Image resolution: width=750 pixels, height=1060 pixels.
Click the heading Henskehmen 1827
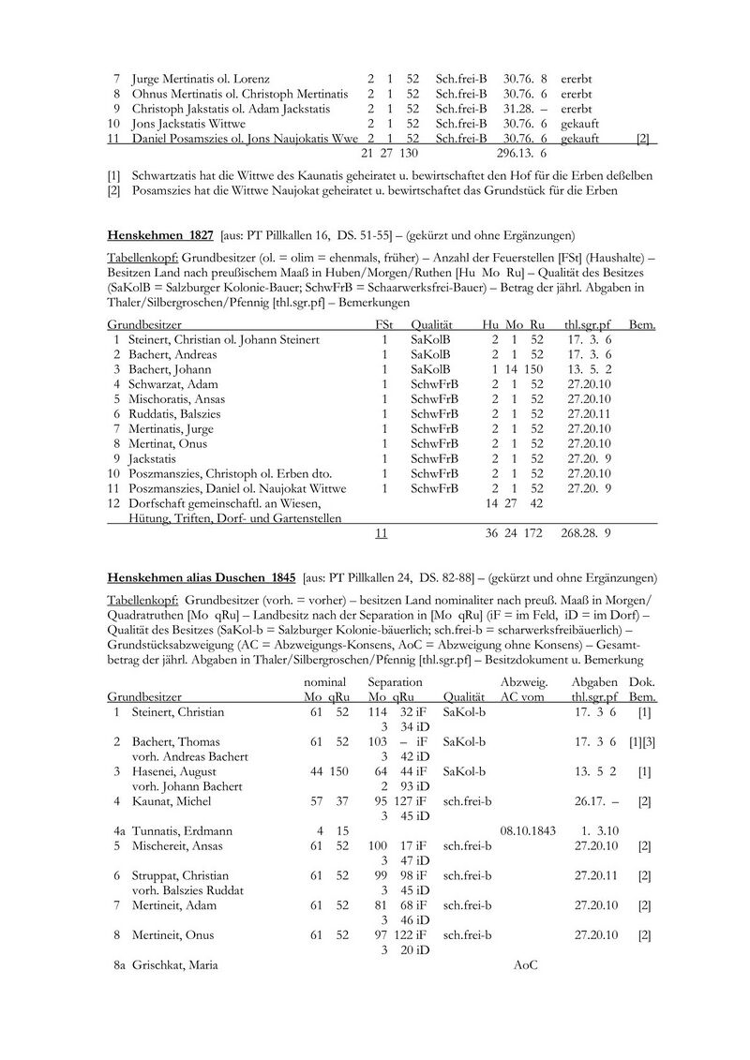160,233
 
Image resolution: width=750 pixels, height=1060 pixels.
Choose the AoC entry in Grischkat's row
527,964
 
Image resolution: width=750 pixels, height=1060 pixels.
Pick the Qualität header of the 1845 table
463,697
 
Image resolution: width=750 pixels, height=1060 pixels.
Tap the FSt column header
382,324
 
